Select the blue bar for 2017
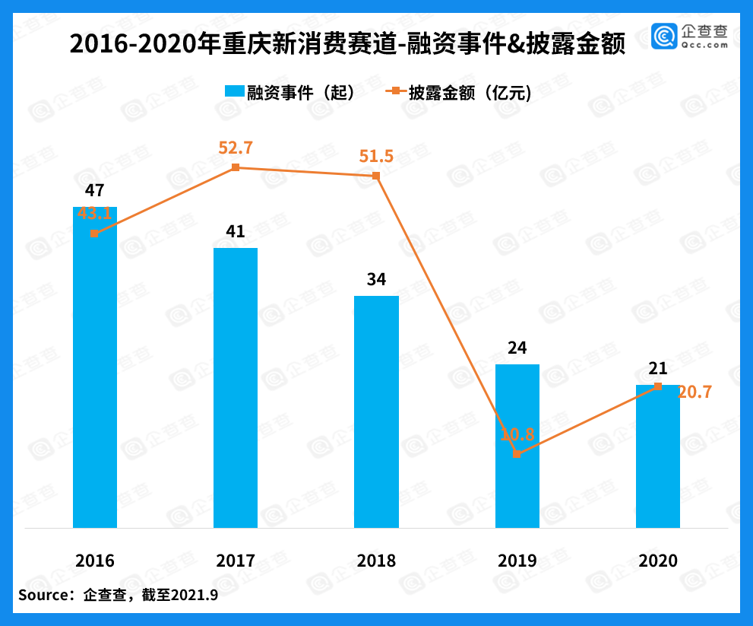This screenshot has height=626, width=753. click(x=236, y=388)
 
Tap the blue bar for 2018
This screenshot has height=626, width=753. click(x=376, y=412)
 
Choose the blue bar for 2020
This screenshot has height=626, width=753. click(x=658, y=456)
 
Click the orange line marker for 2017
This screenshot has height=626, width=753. click(x=236, y=167)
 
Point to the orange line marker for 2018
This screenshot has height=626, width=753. click(x=376, y=176)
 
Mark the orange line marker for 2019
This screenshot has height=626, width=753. click(x=517, y=453)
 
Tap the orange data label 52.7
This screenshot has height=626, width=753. click(x=236, y=148)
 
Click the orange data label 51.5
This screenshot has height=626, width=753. click(x=376, y=156)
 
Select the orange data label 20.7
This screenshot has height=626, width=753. click(x=694, y=392)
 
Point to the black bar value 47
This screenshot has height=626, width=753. click(x=95, y=191)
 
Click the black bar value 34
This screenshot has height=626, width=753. click(x=376, y=279)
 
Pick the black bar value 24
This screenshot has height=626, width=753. click(x=517, y=348)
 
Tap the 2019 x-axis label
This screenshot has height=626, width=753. click(x=517, y=561)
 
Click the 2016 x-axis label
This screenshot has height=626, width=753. click(x=95, y=561)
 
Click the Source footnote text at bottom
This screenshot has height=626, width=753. click(x=118, y=595)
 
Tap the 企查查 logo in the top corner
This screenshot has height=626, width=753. click(x=689, y=37)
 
